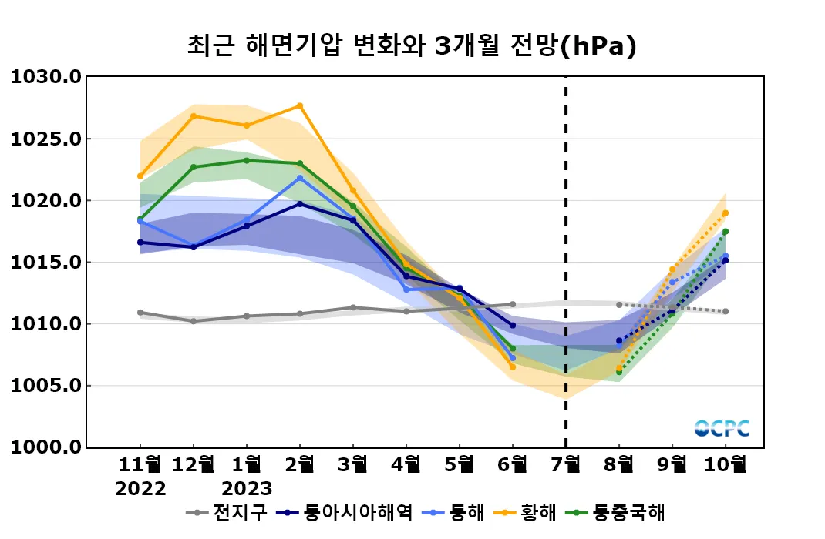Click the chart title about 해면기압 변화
412,46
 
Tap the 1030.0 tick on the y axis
45,77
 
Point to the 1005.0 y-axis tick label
45,386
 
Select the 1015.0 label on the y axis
45,263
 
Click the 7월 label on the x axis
566,465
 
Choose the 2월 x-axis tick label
300,465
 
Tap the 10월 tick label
725,465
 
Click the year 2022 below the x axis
140,489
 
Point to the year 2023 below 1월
247,489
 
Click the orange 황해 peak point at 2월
300,106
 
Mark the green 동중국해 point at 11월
140,219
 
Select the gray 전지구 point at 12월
194,321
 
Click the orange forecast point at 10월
726,213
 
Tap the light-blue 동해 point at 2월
300,178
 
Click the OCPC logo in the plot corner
722,428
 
